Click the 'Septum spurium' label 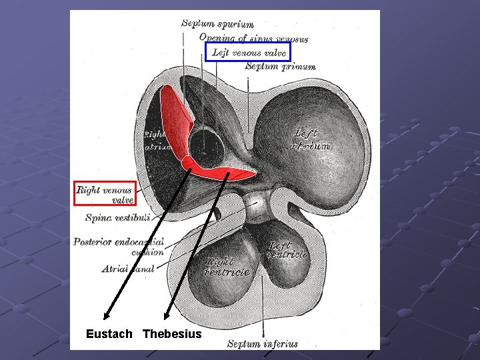pyautogui.click(x=217, y=23)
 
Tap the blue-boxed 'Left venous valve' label pyautogui.click(x=248, y=52)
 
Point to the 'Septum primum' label pyautogui.click(x=280, y=67)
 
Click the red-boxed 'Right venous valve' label pyautogui.click(x=105, y=194)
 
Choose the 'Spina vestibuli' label pyautogui.click(x=118, y=217)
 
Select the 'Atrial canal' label pyautogui.click(x=128, y=269)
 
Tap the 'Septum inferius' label pyautogui.click(x=263, y=345)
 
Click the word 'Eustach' pyautogui.click(x=109, y=333)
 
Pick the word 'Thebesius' pyautogui.click(x=172, y=333)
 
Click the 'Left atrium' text pyautogui.click(x=311, y=139)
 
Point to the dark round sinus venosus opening pyautogui.click(x=206, y=148)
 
